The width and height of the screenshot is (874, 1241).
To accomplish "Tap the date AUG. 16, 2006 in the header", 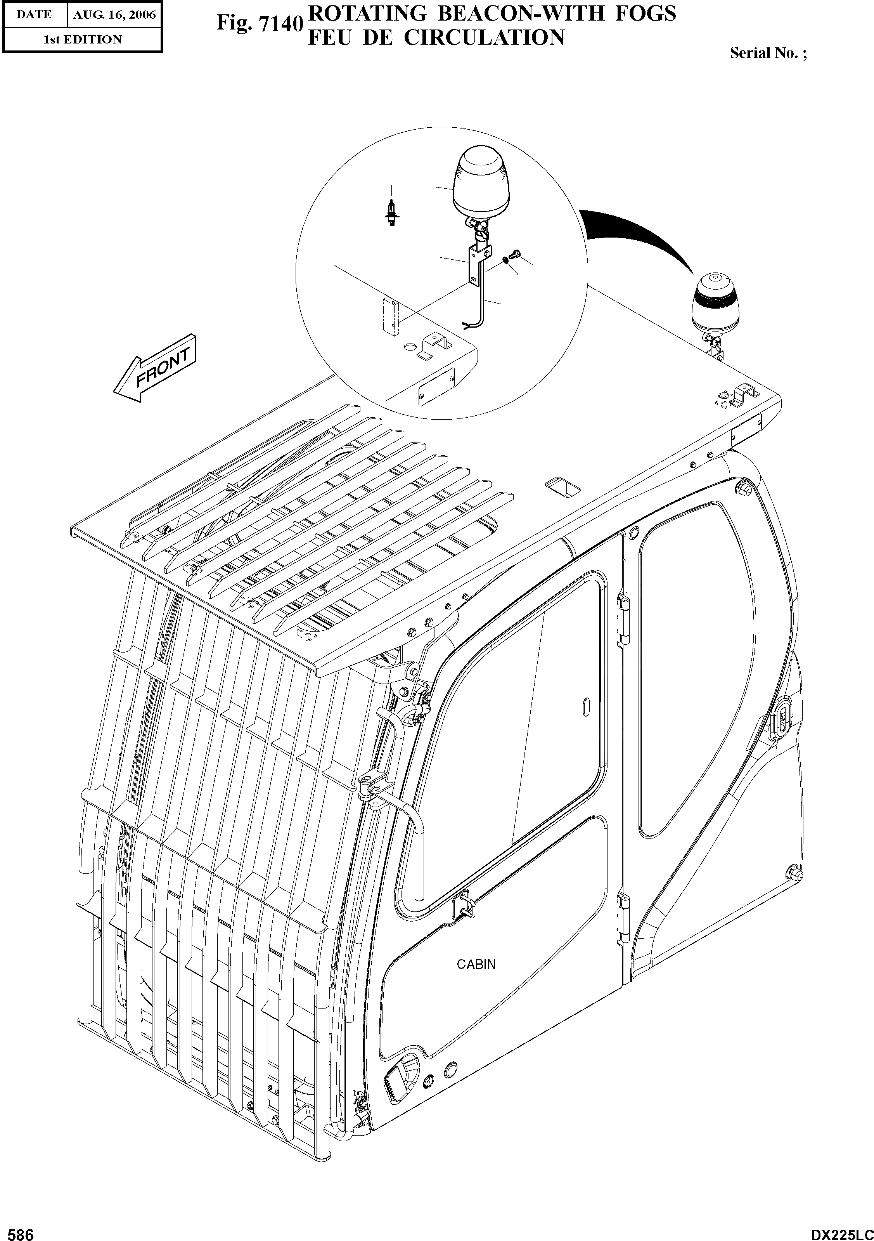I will click(114, 15).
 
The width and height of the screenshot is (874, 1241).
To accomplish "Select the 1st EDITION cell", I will click(82, 40).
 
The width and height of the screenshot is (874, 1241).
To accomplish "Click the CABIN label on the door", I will click(476, 964).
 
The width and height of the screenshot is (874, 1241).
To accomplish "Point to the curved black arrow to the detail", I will click(643, 238).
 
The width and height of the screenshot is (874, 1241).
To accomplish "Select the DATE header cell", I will click(33, 15).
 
